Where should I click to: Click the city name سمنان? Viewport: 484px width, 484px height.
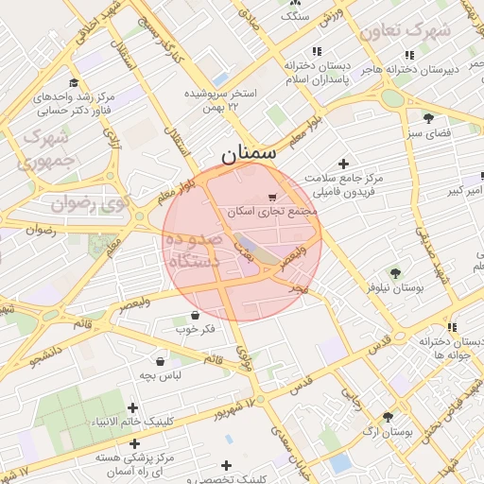click(250, 152)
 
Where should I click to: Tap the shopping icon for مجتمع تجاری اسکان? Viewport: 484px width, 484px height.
click(272, 198)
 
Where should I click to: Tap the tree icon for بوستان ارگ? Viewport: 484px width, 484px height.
click(388, 416)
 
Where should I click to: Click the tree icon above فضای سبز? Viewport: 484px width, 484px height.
click(428, 118)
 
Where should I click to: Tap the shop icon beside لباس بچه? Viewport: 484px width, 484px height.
click(159, 360)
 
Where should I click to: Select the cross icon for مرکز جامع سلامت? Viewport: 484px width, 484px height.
click(343, 164)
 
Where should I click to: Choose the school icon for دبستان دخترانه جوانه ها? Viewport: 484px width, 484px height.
click(452, 326)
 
